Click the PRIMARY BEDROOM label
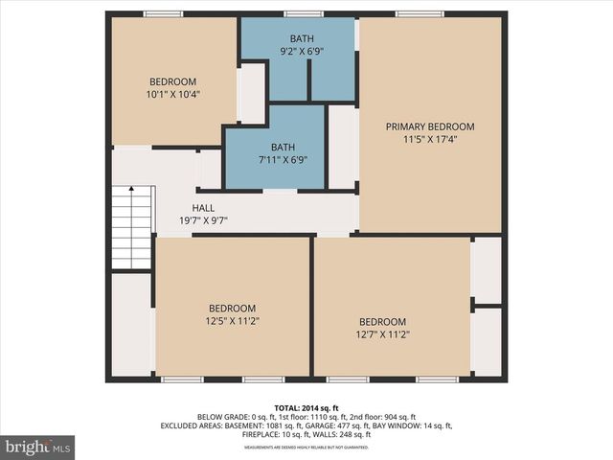pyautogui.click(x=430, y=126)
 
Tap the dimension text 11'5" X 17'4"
pyautogui.click(x=430, y=140)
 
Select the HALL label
pyautogui.click(x=203, y=208)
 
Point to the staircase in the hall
pyautogui.click(x=132, y=228)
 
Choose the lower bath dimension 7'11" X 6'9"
pyautogui.click(x=283, y=160)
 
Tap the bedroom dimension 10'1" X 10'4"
pyautogui.click(x=172, y=95)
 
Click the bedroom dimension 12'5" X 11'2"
pyautogui.click(x=233, y=321)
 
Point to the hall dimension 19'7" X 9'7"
pyautogui.click(x=203, y=220)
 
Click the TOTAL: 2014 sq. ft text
pyautogui.click(x=306, y=408)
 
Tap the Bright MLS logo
pyautogui.click(x=38, y=447)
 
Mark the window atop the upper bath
pyautogui.click(x=304, y=13)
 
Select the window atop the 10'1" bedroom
pyautogui.click(x=163, y=13)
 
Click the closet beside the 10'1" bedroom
pyautogui.click(x=251, y=93)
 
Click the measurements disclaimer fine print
pyautogui.click(x=306, y=448)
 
